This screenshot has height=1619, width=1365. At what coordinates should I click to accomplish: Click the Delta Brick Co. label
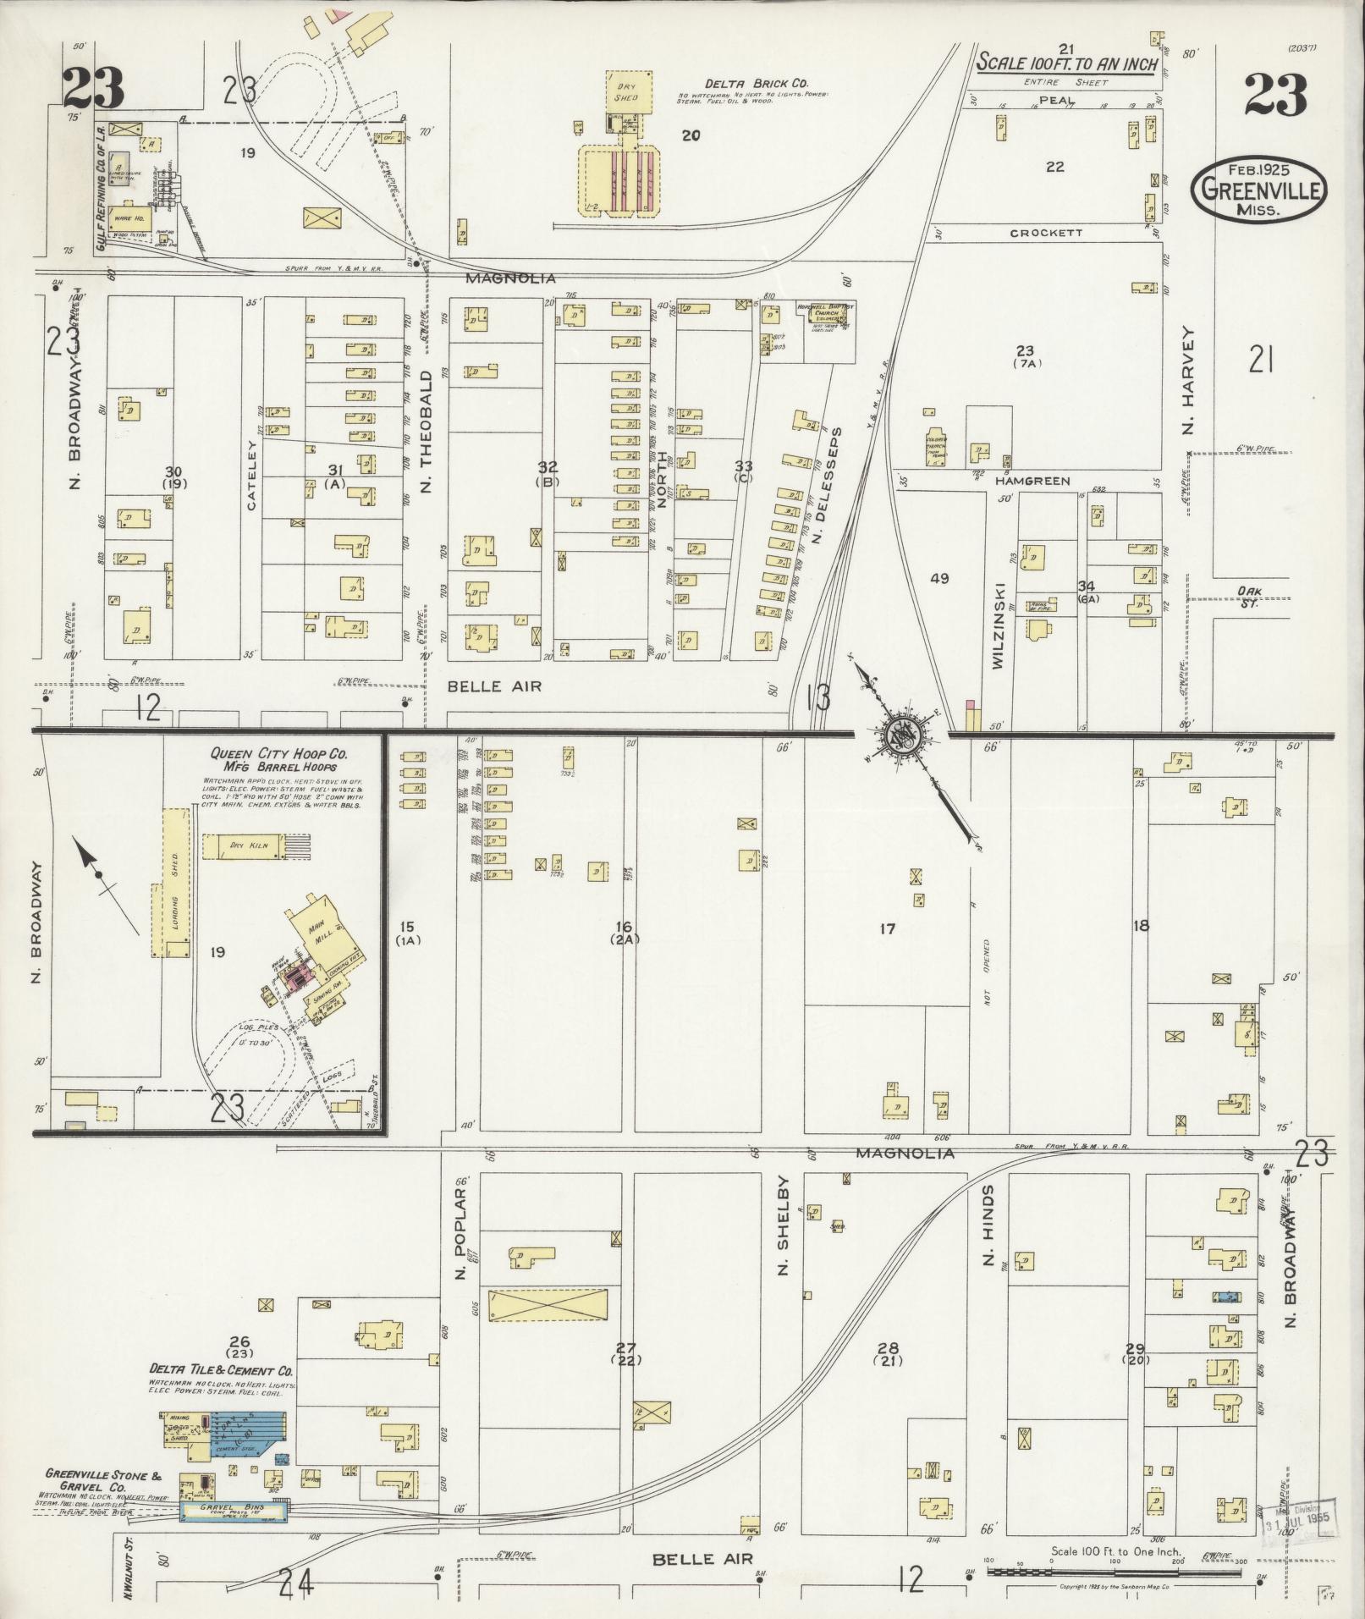(x=757, y=84)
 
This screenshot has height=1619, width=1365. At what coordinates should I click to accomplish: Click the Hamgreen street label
(x=1032, y=481)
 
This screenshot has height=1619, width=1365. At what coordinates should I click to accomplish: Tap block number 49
(x=939, y=579)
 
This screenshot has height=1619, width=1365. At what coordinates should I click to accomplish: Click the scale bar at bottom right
(x=1113, y=1572)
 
